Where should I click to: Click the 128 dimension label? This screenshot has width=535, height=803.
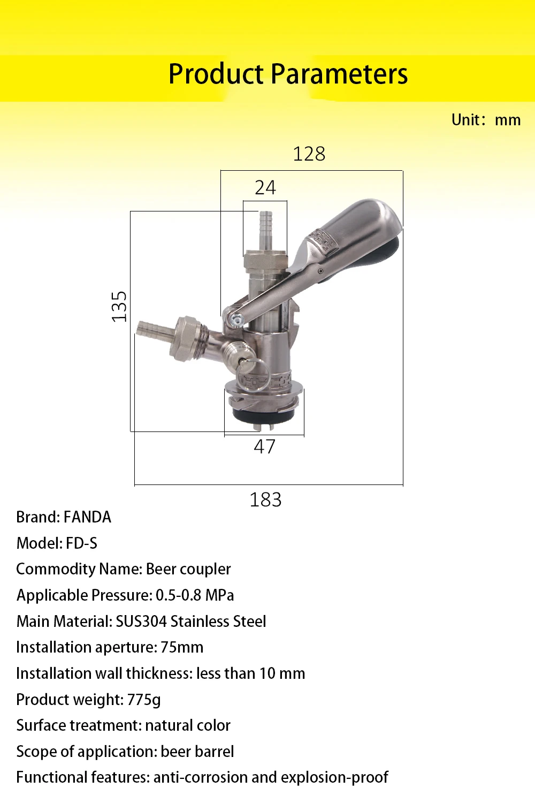click(x=309, y=154)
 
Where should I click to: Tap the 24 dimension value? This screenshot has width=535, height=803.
click(x=265, y=187)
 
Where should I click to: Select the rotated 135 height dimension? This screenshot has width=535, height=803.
click(x=119, y=307)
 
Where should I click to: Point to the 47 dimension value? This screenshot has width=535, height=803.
click(x=264, y=446)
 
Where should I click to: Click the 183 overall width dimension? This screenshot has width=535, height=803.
click(x=265, y=499)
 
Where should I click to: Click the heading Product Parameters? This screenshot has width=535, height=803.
click(x=288, y=74)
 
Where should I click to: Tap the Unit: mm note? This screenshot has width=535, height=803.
click(x=486, y=120)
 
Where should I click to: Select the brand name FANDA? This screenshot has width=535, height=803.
click(x=87, y=517)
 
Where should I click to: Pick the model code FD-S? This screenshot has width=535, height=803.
click(x=82, y=543)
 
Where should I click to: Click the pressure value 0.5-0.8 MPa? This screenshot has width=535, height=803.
click(x=195, y=595)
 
